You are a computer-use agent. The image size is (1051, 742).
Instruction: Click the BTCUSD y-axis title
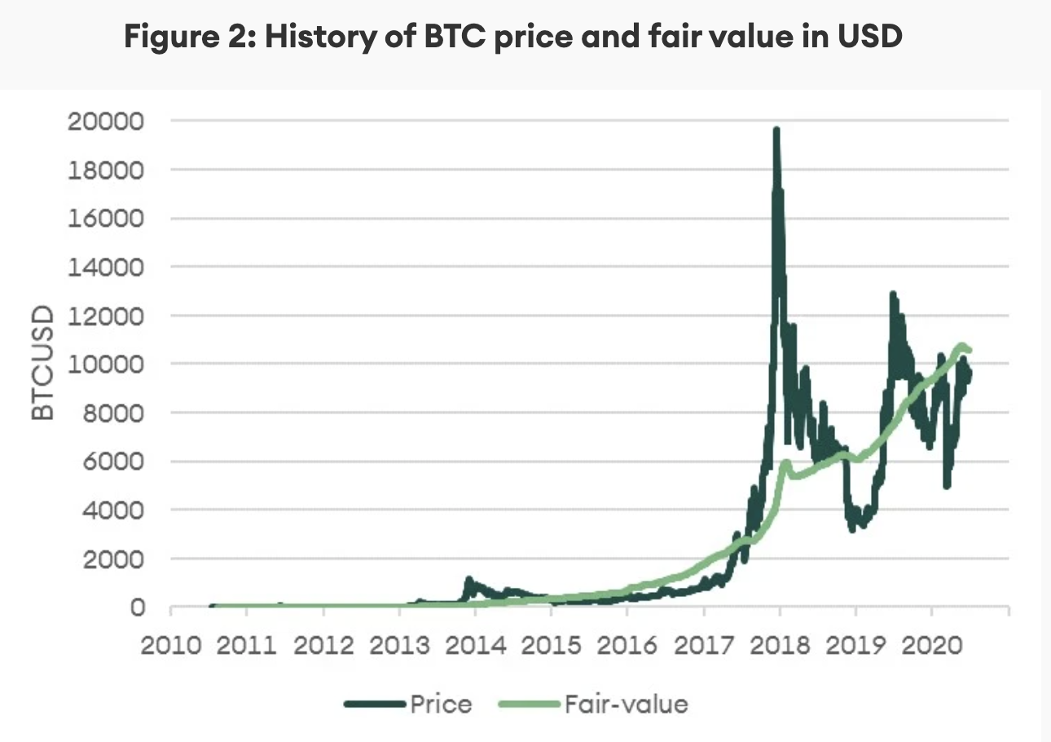43,363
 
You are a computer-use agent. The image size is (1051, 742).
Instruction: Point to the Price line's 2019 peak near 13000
893,294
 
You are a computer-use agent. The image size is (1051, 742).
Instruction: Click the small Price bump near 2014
468,580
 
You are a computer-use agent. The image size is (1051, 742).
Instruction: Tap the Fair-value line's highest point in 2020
961,346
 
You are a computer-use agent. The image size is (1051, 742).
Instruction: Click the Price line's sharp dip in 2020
947,485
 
